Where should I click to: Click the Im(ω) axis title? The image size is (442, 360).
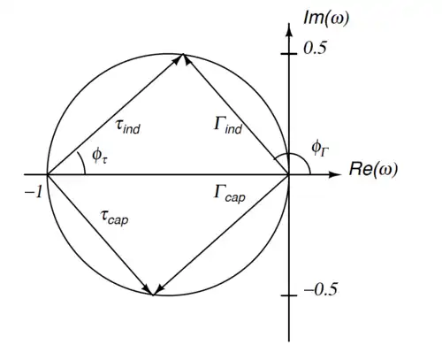click(x=326, y=19)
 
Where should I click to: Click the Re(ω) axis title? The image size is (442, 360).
click(x=373, y=169)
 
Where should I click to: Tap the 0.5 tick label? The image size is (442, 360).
click(x=315, y=48)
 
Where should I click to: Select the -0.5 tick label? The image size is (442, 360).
click(x=321, y=289)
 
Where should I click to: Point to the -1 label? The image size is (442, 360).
click(x=34, y=193)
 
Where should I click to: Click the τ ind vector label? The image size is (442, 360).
click(x=128, y=127)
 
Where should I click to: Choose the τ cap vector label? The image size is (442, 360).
click(x=114, y=218)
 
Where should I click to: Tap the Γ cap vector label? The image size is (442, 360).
click(x=230, y=194)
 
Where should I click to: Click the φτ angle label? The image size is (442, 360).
click(x=100, y=156)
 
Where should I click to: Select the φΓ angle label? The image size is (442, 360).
click(x=320, y=149)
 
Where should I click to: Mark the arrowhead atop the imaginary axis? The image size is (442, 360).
click(x=289, y=30)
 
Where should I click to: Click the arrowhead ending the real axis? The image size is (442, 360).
click(x=334, y=174)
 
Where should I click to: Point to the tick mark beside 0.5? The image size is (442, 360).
click(x=289, y=54)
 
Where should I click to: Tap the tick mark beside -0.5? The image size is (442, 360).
click(x=289, y=295)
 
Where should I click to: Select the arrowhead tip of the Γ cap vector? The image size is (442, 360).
click(x=155, y=295)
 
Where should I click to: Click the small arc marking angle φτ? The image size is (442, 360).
click(x=83, y=163)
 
